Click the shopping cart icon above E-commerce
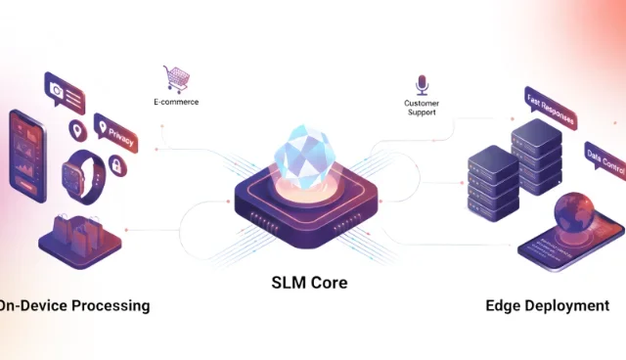(177, 77)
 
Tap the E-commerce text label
(177, 100)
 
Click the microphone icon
(422, 83)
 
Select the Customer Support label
(422, 107)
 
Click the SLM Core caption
(309, 283)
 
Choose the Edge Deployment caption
(547, 305)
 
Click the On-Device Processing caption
(74, 305)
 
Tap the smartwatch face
(73, 177)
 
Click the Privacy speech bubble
(117, 134)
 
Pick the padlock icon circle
(117, 167)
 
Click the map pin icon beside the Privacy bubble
(75, 129)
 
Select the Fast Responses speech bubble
(550, 107)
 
